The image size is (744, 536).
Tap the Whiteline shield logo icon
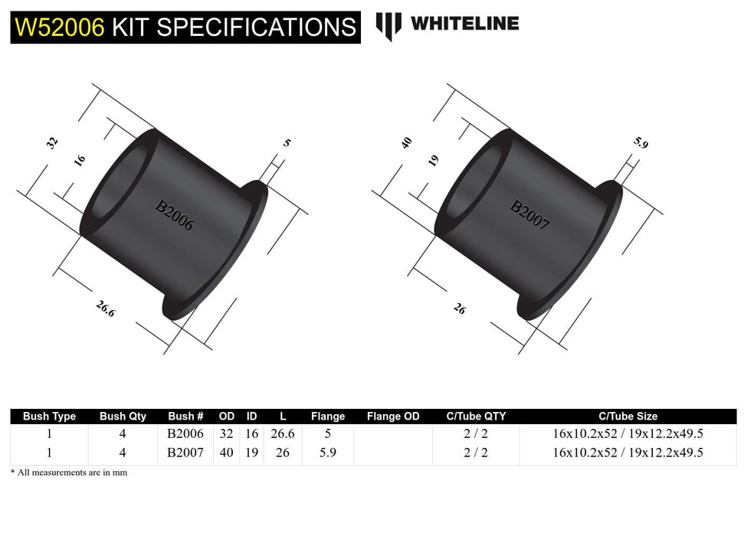click(388, 25)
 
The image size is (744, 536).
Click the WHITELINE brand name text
click(464, 24)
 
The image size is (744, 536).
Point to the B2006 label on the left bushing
click(175, 216)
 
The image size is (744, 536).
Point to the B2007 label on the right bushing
click(530, 215)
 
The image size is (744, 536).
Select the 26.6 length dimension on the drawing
click(106, 309)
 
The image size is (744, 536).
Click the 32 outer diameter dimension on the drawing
click(53, 142)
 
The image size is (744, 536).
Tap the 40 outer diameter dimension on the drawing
click(407, 142)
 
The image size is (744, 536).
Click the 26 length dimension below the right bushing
click(459, 309)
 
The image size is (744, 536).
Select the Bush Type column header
click(49, 417)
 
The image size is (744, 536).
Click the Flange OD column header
click(393, 417)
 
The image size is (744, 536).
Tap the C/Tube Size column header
click(628, 417)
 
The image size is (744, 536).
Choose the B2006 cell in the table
click(185, 433)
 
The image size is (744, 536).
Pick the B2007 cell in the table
click(185, 453)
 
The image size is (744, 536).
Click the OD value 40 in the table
click(227, 453)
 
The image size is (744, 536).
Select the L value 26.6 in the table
click(283, 433)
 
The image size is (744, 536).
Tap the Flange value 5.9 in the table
click(328, 453)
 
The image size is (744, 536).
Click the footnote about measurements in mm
click(69, 472)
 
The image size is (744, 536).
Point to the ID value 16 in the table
click(251, 433)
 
